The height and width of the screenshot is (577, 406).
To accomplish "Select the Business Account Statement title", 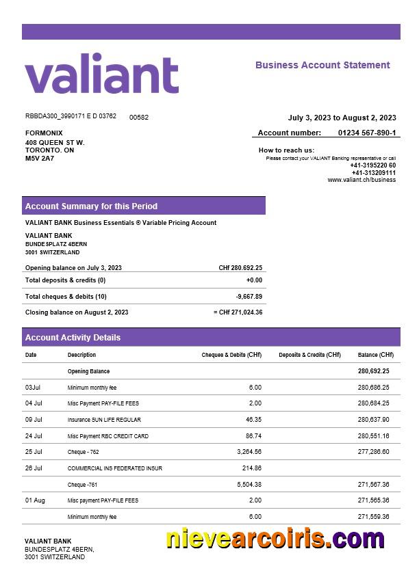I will [322, 65].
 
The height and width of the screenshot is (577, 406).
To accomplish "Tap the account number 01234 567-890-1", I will [366, 133].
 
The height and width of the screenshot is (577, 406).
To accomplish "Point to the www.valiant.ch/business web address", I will [361, 180].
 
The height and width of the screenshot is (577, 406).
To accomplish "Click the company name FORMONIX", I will [44, 133].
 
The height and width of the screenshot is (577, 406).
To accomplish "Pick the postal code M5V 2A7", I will [40, 159].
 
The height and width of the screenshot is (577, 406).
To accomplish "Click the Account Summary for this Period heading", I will [91, 206].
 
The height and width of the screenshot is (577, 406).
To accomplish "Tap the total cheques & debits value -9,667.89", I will [249, 296].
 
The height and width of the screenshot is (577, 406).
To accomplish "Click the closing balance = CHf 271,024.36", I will [238, 312].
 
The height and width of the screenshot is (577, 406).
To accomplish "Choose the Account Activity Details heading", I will [73, 337].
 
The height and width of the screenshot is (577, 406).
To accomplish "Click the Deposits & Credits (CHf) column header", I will [309, 355].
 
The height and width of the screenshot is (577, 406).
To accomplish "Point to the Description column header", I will [81, 355].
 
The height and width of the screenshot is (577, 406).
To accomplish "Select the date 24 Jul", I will [34, 435].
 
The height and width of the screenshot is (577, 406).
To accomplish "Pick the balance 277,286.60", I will [373, 452].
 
